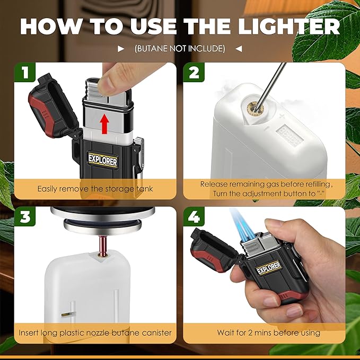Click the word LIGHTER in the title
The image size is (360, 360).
point(289,27)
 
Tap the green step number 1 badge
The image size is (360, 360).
point(25,72)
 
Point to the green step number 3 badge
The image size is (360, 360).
point(25,216)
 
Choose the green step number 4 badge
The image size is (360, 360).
point(194,216)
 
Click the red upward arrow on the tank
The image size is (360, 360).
point(105,124)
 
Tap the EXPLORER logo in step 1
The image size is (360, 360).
point(103,161)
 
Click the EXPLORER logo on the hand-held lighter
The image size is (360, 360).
point(269,268)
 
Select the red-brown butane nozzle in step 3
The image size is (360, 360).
point(102,245)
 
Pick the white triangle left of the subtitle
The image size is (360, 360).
point(121,49)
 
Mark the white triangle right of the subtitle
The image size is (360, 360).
point(239,49)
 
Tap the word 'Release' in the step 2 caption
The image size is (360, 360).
point(214,184)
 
